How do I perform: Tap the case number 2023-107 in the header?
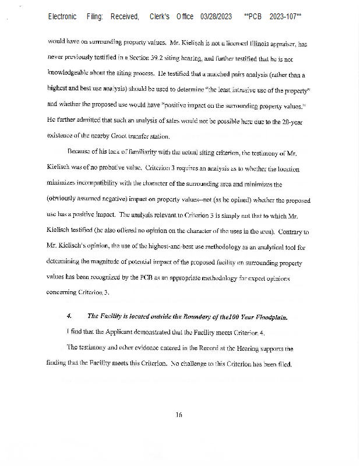[x=285, y=17]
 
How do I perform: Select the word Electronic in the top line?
[x=62, y=17]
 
